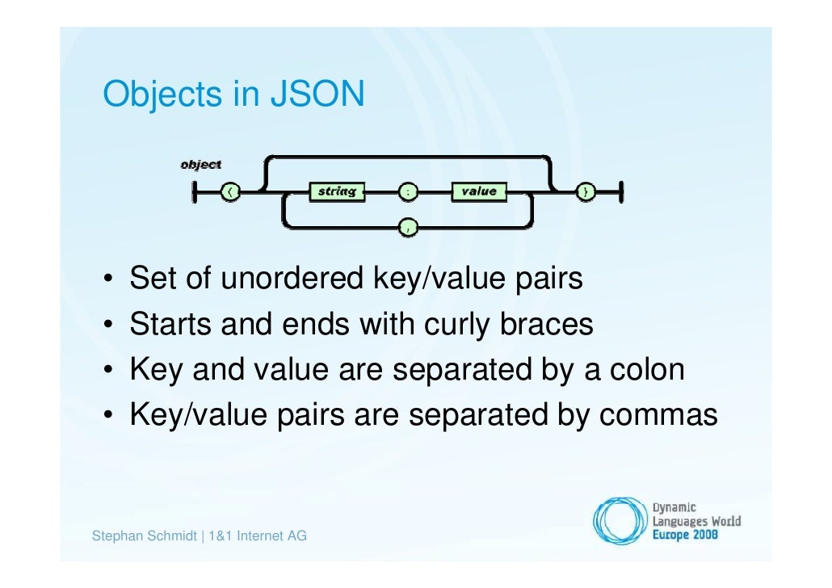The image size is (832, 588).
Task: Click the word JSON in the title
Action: tap(317, 94)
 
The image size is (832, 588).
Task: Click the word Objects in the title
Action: tap(160, 94)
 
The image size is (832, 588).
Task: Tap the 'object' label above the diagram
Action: tap(200, 164)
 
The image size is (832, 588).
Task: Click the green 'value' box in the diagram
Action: tap(479, 192)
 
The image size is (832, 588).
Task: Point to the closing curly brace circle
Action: tap(585, 192)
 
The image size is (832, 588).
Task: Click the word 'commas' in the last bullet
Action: tap(658, 415)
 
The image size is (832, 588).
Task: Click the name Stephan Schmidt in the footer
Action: tap(145, 535)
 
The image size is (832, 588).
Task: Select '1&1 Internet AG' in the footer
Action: tap(258, 535)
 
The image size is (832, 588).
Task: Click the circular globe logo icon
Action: tap(620, 519)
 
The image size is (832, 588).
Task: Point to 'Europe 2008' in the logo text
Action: tap(686, 535)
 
